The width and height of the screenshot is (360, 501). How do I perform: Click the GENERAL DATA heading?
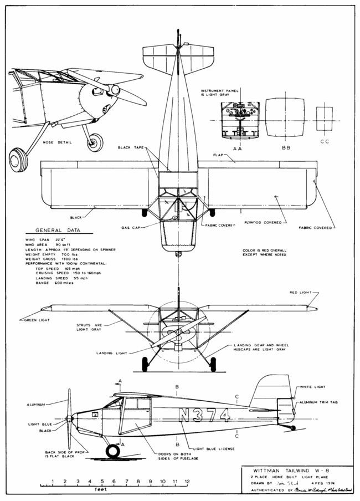click(58, 230)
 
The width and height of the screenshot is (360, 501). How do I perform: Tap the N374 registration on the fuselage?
click(203, 415)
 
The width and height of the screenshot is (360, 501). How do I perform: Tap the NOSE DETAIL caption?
click(58, 142)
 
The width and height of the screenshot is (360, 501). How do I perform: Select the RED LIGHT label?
click(302, 292)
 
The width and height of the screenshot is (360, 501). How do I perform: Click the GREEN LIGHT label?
click(37, 320)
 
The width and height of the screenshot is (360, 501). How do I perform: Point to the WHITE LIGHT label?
click(313, 386)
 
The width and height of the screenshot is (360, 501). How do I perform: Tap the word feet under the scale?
click(101, 489)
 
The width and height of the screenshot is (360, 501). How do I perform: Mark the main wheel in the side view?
click(113, 451)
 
